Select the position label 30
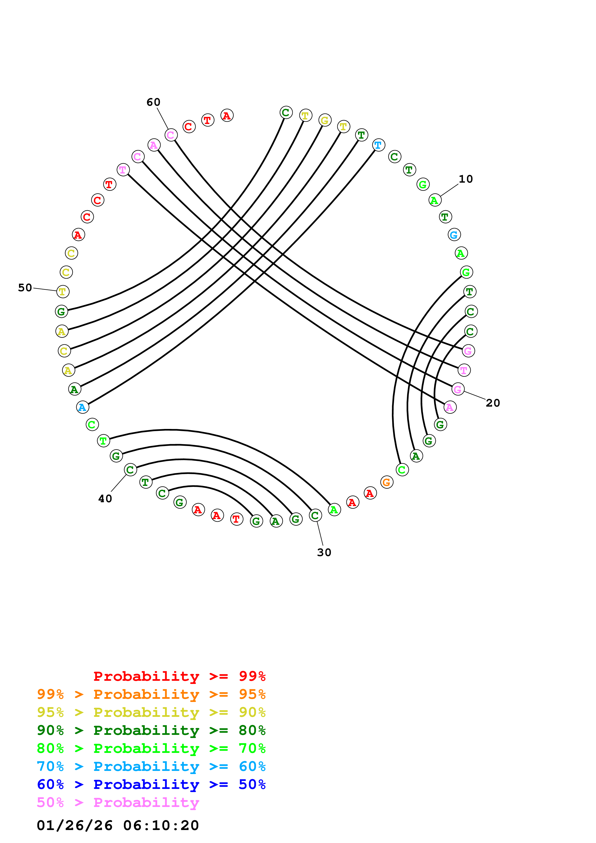pos(324,552)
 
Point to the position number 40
pos(105,499)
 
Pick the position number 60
pos(153,102)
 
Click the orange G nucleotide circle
pos(387,482)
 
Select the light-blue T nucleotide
pos(378,145)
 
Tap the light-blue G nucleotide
pos(454,235)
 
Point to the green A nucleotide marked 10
pos(435,200)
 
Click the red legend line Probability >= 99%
pos(179,676)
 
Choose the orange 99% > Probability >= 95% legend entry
pos(151,694)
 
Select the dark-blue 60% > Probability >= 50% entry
pos(151,784)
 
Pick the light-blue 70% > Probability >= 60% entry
pos(151,766)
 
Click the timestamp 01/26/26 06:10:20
pos(118,825)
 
